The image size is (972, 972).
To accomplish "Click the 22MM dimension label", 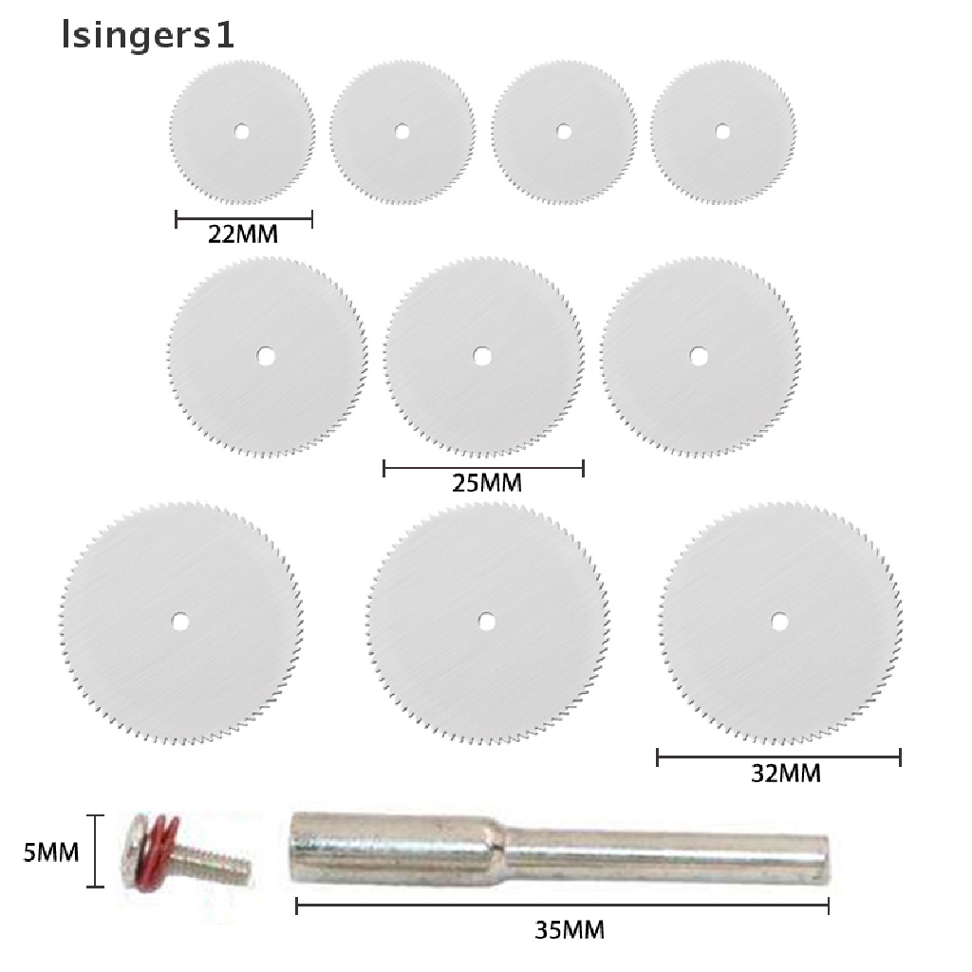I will click(x=243, y=234).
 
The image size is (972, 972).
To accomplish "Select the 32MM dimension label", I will click(x=785, y=773).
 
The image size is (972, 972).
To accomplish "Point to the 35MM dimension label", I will click(x=569, y=927).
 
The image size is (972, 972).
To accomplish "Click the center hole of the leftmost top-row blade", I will click(x=242, y=131).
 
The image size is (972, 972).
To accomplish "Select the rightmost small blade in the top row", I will click(x=722, y=131).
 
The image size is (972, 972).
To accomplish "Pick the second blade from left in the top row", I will click(x=402, y=131).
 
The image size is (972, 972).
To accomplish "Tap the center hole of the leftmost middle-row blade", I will click(x=267, y=356).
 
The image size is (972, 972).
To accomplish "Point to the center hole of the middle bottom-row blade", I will click(x=487, y=622).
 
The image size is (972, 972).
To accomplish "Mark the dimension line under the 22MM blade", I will click(x=244, y=220).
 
